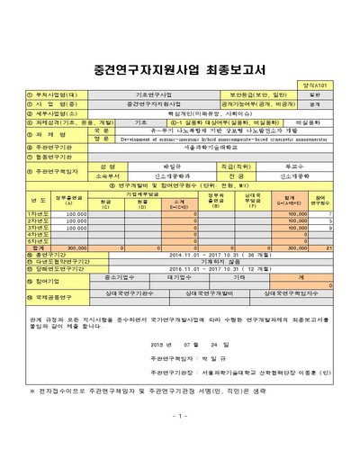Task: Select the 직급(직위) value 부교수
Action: point(307,166)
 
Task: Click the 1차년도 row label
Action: point(38,213)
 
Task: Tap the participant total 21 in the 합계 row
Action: point(331,246)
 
